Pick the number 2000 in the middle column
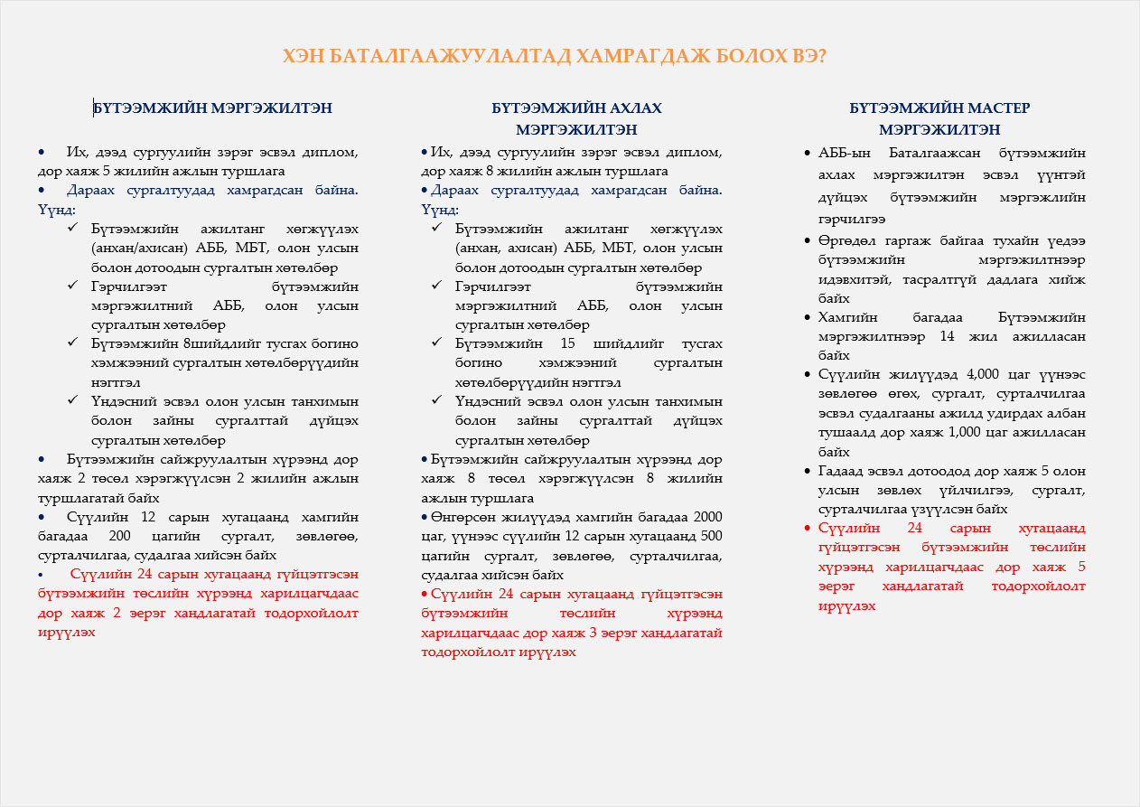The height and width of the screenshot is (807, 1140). pos(707,517)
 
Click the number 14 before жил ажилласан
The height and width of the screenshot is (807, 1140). pos(948,336)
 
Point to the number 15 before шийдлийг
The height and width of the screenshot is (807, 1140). pos(568,343)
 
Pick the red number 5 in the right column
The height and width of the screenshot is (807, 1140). pos(1081,567)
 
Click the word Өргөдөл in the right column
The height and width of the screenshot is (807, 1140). pos(843,241)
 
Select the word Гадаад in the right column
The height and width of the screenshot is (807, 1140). pos(842,471)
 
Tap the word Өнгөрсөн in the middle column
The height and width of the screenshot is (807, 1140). pos(462,517)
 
